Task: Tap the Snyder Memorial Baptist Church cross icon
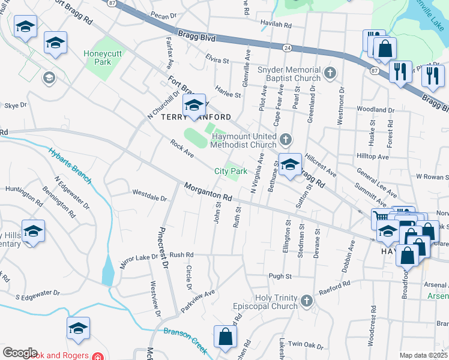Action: coord(329,74)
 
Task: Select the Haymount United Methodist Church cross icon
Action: coord(286,140)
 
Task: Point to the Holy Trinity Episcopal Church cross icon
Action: coord(306,300)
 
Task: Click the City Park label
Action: coord(231,172)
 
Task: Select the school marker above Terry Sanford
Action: coord(194,107)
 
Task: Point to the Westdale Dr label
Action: coord(149,196)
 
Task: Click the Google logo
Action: coord(20,353)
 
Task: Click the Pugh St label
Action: coord(280,277)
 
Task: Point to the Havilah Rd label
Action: coord(276,26)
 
